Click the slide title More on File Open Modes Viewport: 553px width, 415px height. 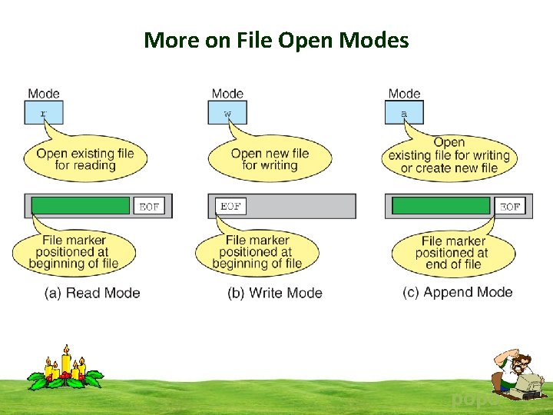click(x=276, y=39)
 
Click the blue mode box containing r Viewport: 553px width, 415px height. click(x=44, y=113)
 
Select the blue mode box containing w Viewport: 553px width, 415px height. click(x=227, y=113)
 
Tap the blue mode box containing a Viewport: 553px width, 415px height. click(x=404, y=113)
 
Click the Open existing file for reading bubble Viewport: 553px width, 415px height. click(x=84, y=159)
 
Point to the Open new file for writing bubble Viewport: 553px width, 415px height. click(x=270, y=159)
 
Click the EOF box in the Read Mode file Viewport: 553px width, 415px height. click(x=149, y=206)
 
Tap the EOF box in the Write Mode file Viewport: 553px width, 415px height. click(x=230, y=206)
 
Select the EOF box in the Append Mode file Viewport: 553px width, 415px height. click(x=510, y=206)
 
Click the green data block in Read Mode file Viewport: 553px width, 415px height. click(x=81, y=206)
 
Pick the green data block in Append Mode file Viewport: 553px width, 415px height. click(x=441, y=206)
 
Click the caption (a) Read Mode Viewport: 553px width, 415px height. click(x=91, y=293)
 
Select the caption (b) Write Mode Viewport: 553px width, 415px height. click(x=274, y=293)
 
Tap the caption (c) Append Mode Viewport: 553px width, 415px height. click(x=457, y=292)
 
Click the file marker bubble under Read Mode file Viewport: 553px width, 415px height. click(x=74, y=252)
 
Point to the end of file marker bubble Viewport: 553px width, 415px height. click(x=452, y=252)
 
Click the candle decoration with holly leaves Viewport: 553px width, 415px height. click(x=65, y=370)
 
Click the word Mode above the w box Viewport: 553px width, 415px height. click(x=227, y=94)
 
